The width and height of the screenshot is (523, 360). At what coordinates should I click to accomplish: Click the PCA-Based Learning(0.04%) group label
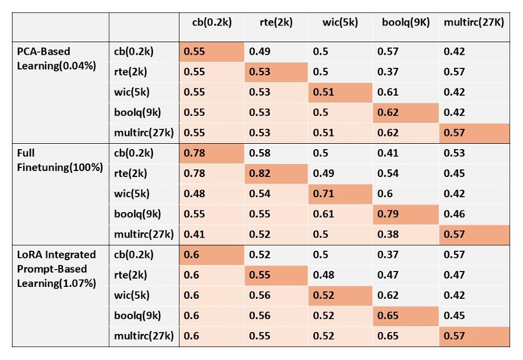pos(56,59)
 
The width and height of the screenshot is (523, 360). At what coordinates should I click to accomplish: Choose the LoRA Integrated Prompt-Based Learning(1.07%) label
pos(56,269)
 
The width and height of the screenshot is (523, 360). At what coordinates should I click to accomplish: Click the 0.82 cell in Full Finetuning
pos(260,173)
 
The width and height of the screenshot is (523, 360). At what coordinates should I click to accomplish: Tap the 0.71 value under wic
pos(323,194)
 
